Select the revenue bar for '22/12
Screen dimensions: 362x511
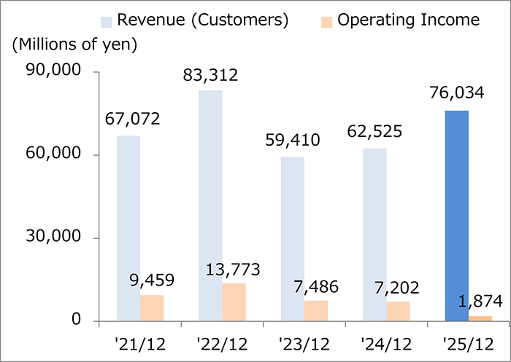coord(210,205)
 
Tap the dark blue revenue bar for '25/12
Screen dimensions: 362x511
coord(456,216)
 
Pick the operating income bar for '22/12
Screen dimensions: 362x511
coord(234,302)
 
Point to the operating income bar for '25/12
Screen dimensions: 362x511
coord(480,318)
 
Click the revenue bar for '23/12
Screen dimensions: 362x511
coord(292,239)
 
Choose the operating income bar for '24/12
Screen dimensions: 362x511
coord(398,311)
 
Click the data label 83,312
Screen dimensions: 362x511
coord(211,74)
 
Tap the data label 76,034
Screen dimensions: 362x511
coord(457,95)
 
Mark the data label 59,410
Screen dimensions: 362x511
coord(293,141)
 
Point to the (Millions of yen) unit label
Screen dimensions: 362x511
coord(74,44)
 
